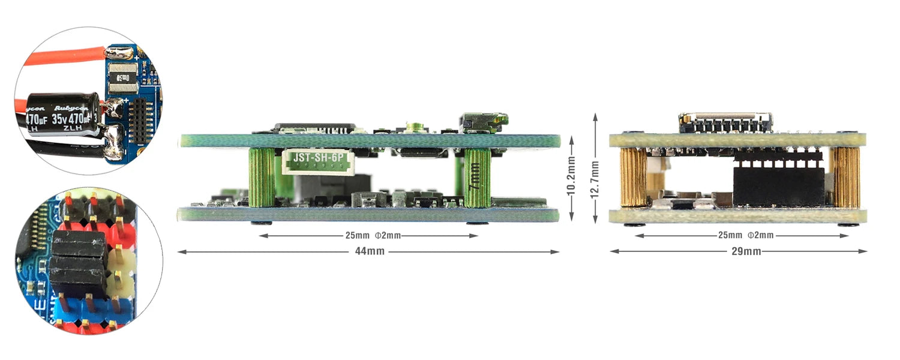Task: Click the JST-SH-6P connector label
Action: click(317, 158)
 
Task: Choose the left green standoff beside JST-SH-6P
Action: click(262, 178)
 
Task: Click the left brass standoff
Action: click(634, 178)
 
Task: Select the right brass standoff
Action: click(846, 178)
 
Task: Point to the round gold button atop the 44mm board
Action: click(413, 127)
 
